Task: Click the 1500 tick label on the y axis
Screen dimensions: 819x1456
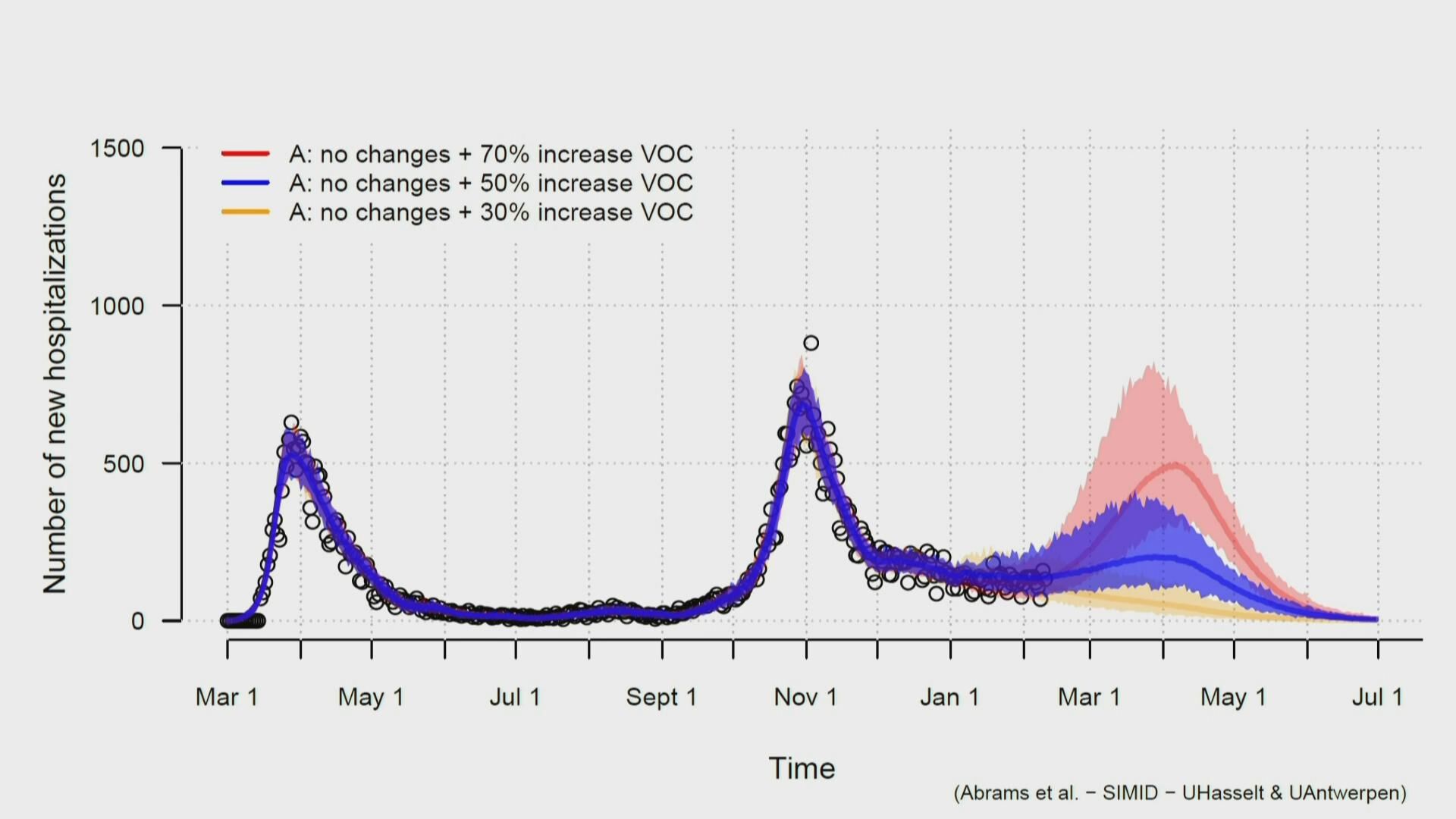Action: coord(117,149)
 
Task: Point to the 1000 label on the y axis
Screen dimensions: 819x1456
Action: coord(117,306)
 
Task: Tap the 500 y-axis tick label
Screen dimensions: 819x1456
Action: coord(124,464)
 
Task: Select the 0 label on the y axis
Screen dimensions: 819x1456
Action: coord(137,622)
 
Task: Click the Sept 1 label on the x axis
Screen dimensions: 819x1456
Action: coord(661,697)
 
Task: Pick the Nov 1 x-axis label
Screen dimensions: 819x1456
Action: coord(805,697)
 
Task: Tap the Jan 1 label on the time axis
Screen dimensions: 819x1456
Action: coord(949,697)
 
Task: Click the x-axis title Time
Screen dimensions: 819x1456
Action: coord(802,768)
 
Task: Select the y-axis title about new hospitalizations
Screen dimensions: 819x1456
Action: coord(55,383)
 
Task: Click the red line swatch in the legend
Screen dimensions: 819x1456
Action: coord(245,154)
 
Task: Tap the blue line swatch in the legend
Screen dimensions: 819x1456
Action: coord(245,183)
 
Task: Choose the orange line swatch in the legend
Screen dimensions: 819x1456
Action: coord(245,212)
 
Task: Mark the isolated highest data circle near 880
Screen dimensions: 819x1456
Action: coord(811,344)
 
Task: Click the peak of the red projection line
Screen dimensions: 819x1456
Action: coord(1175,464)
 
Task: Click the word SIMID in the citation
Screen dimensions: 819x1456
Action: coord(1130,793)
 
